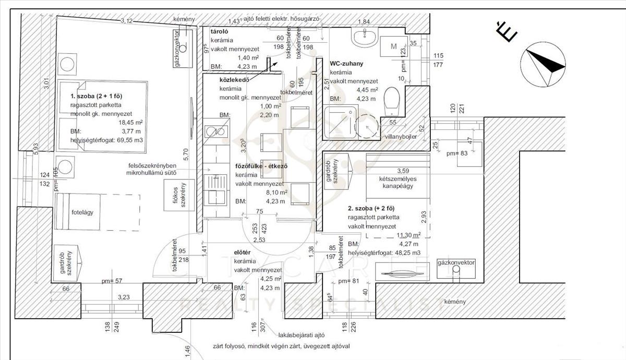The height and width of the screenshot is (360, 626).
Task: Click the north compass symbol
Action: point(545,66)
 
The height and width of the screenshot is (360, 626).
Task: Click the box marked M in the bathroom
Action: point(394,47)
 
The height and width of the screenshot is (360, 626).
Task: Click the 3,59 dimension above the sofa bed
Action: point(404,171)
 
